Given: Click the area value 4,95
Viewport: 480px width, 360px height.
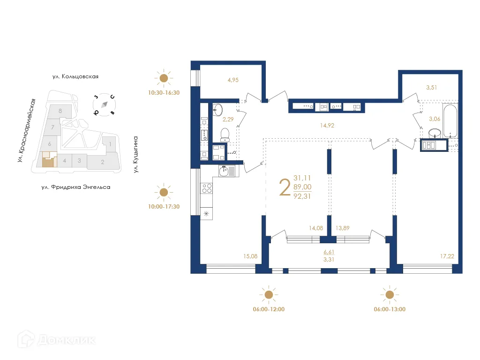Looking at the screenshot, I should [233, 80].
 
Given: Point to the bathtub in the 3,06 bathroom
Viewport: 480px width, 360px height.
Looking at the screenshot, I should [449, 121].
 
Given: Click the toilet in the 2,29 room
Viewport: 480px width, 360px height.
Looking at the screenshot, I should [225, 134].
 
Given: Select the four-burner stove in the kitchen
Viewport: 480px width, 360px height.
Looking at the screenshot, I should [206, 188].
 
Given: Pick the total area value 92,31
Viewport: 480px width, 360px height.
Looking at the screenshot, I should [302, 196].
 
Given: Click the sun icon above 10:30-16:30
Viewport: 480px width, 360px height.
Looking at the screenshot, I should [164, 78].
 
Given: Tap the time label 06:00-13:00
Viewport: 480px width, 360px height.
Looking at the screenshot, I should [390, 309].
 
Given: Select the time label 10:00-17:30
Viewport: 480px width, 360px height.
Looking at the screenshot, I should [164, 206].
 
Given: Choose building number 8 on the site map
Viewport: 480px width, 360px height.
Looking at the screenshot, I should [60, 111].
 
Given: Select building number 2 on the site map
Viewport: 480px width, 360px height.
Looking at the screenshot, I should [102, 162].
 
